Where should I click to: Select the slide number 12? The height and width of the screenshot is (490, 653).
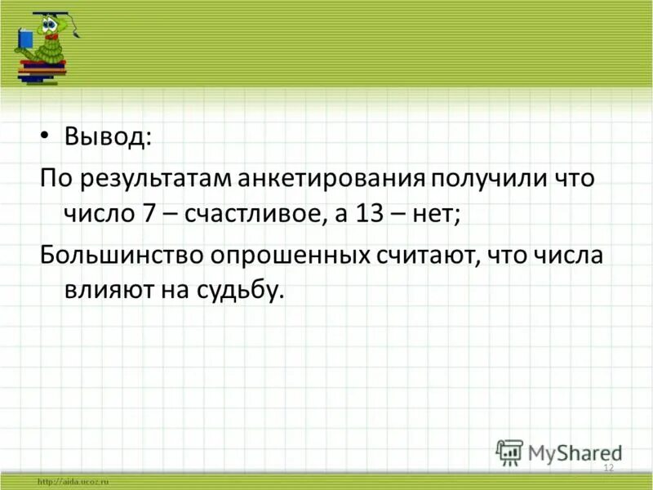[607, 467]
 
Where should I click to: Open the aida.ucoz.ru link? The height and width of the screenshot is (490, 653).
[73, 482]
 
